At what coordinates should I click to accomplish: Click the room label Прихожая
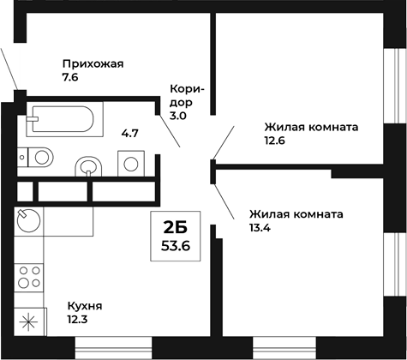[93, 63]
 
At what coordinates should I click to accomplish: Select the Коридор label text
[186, 95]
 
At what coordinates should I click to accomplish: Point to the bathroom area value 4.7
[129, 133]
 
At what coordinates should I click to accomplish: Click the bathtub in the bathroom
[64, 117]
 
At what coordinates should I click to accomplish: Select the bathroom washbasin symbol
[88, 165]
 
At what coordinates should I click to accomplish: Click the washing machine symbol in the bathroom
[130, 162]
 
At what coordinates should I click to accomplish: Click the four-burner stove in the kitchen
[30, 279]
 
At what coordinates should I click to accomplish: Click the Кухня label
[85, 305]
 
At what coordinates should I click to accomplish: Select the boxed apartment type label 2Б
[175, 227]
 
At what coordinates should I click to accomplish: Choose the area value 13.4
[261, 230]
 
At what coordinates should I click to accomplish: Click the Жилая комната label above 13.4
[296, 214]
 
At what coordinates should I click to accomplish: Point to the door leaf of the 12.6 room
[223, 142]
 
